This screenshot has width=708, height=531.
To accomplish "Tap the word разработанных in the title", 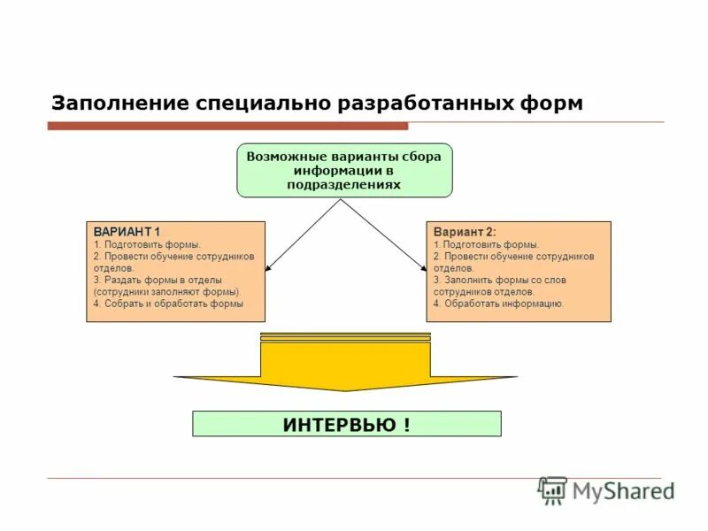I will pyautogui.click(x=435, y=103).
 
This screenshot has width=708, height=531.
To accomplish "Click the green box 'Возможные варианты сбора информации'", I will pyautogui.click(x=344, y=170).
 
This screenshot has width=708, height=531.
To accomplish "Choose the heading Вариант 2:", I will pyautogui.click(x=465, y=231).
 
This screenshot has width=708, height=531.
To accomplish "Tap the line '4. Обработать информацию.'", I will pyautogui.click(x=498, y=304).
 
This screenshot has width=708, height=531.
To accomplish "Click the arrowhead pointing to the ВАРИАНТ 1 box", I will pyautogui.click(x=269, y=265).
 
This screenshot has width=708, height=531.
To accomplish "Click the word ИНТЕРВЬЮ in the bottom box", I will pyautogui.click(x=339, y=424).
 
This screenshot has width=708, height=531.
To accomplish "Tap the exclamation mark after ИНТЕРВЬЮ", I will pyautogui.click(x=406, y=424).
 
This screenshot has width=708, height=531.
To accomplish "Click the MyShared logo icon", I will pyautogui.click(x=552, y=490).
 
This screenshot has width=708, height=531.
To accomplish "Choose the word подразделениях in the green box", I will pyautogui.click(x=344, y=185).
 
